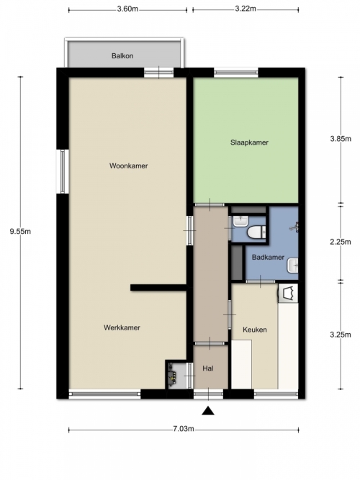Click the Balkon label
(122, 55)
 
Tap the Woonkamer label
(129, 166)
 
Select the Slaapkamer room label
(249, 142)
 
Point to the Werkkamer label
(122, 327)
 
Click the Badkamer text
(268, 257)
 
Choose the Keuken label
(255, 330)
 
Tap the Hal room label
(208, 368)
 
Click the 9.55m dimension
(21, 231)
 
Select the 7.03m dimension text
(184, 429)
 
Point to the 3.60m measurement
(127, 9)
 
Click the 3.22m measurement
(246, 9)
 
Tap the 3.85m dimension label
(341, 139)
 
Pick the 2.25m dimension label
(341, 242)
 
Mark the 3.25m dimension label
(341, 335)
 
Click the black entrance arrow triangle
(208, 411)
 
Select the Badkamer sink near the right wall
(292, 266)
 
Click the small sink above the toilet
(240, 221)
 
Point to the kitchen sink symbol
(288, 293)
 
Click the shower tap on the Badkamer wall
(294, 227)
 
